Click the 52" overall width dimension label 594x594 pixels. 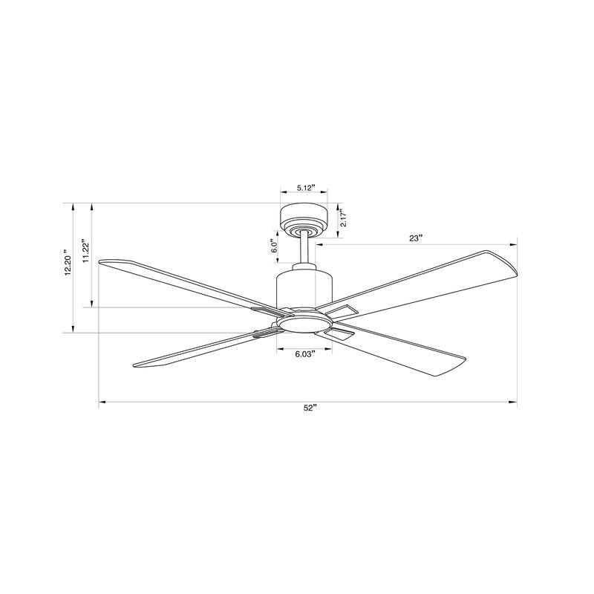[309, 408]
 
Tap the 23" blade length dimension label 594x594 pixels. [415, 238]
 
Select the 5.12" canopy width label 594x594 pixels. [304, 188]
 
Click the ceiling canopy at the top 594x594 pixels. [303, 218]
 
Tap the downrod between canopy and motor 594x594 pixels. [304, 249]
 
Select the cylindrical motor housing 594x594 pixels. [304, 288]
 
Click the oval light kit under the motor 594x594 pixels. [304, 322]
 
